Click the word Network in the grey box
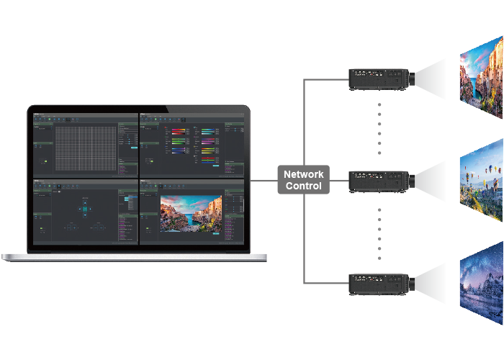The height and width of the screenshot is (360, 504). pos(304,174)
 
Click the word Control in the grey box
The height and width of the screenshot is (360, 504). pos(304,186)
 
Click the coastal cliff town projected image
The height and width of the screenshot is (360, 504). pos(481,79)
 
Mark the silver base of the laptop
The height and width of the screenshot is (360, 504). pos(135,257)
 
